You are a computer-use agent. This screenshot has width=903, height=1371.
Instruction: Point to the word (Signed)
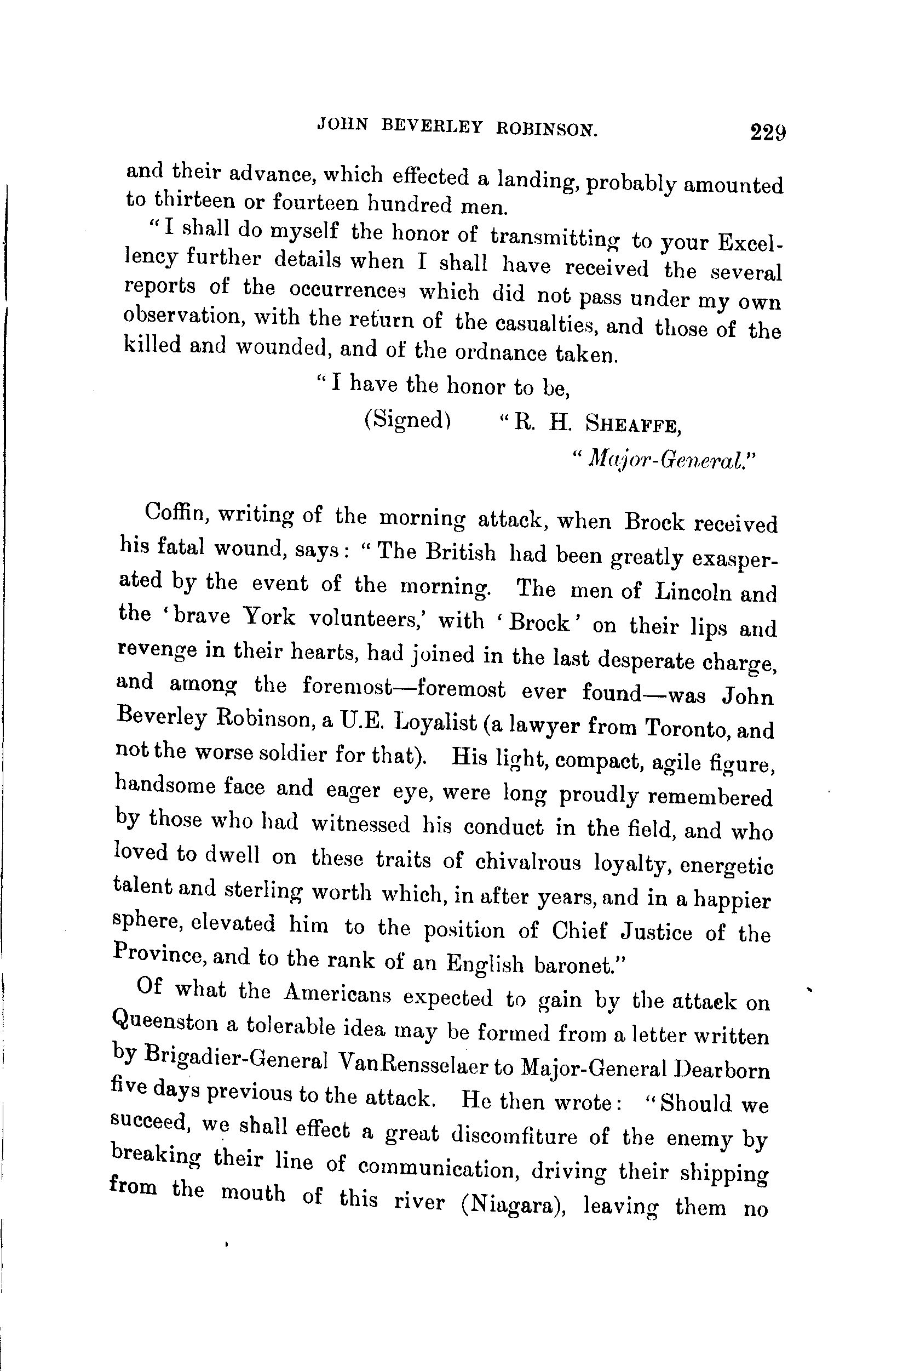pyautogui.click(x=407, y=420)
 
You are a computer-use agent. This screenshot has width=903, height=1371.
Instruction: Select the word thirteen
pyautogui.click(x=192, y=201)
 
